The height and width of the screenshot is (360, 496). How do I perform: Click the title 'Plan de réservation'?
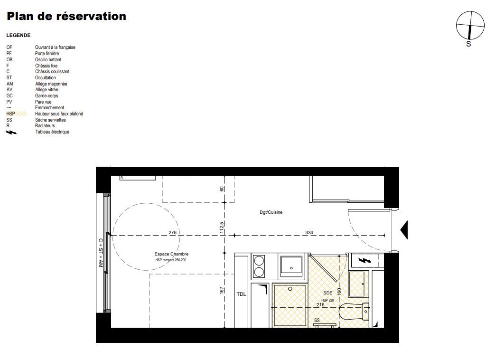pyautogui.click(x=66, y=16)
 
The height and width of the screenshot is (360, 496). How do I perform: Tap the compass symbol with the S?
pyautogui.click(x=470, y=26)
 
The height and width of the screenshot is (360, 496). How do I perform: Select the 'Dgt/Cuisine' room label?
pyautogui.click(x=271, y=212)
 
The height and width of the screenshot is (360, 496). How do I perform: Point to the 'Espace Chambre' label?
pyautogui.click(x=171, y=254)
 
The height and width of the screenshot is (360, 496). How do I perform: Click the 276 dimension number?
pyautogui.click(x=172, y=232)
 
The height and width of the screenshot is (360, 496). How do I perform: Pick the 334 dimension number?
pyautogui.click(x=309, y=232)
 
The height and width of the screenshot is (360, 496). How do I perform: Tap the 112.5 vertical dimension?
pyautogui.click(x=222, y=227)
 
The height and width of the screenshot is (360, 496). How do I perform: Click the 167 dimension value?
pyautogui.click(x=222, y=290)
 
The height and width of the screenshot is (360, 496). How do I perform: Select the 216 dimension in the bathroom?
pyautogui.click(x=320, y=304)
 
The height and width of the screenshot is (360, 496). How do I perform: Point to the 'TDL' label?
pyautogui.click(x=242, y=294)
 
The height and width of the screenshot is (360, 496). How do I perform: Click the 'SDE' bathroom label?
pyautogui.click(x=328, y=293)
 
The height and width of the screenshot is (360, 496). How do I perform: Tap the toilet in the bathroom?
pyautogui.click(x=354, y=312)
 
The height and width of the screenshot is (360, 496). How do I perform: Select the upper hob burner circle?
pyautogui.click(x=259, y=261)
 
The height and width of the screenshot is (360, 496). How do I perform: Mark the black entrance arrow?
pyautogui.click(x=404, y=230)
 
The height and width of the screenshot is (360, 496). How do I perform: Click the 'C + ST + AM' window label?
pyautogui.click(x=101, y=253)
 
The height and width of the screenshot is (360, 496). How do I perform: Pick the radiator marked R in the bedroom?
pyautogui.click(x=138, y=178)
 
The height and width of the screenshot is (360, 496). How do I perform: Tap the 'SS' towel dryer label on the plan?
pyautogui.click(x=317, y=321)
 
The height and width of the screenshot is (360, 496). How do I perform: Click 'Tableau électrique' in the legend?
pyautogui.click(x=52, y=132)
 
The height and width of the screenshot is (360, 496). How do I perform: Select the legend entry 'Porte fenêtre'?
pyautogui.click(x=47, y=54)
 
